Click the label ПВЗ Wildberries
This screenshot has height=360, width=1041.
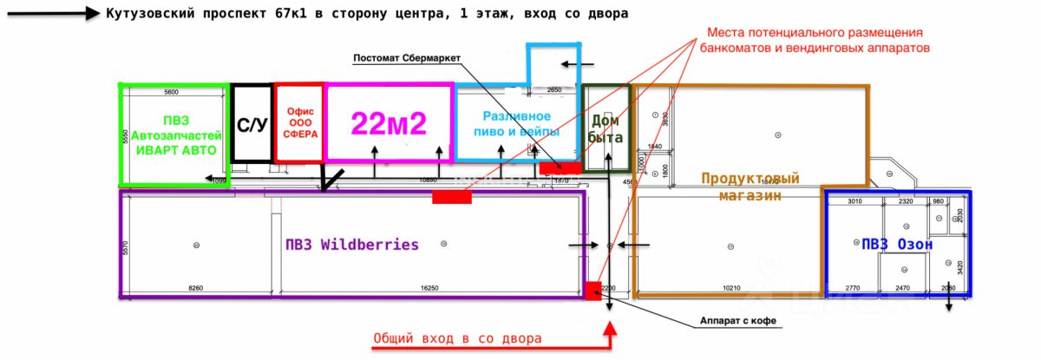coord(351,245)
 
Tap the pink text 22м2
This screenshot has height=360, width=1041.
coord(389,124)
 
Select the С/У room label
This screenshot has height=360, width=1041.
coord(252,125)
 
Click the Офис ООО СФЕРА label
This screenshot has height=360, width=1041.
coord(299,122)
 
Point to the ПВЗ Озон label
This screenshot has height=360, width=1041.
coord(897,245)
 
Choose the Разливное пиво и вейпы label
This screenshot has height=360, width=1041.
coord(517,123)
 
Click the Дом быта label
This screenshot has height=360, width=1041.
coord(606,128)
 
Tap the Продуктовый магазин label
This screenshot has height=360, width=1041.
coord(750,187)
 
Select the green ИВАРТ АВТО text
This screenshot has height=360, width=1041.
coord(174,149)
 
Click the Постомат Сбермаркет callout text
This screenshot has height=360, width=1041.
coord(406,59)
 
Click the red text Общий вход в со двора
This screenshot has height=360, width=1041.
coord(457,338)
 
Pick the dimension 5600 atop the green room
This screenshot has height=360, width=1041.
coord(171,91)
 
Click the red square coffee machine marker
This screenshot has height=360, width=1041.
coord(593,291)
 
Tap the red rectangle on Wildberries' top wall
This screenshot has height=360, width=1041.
coord(452,197)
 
